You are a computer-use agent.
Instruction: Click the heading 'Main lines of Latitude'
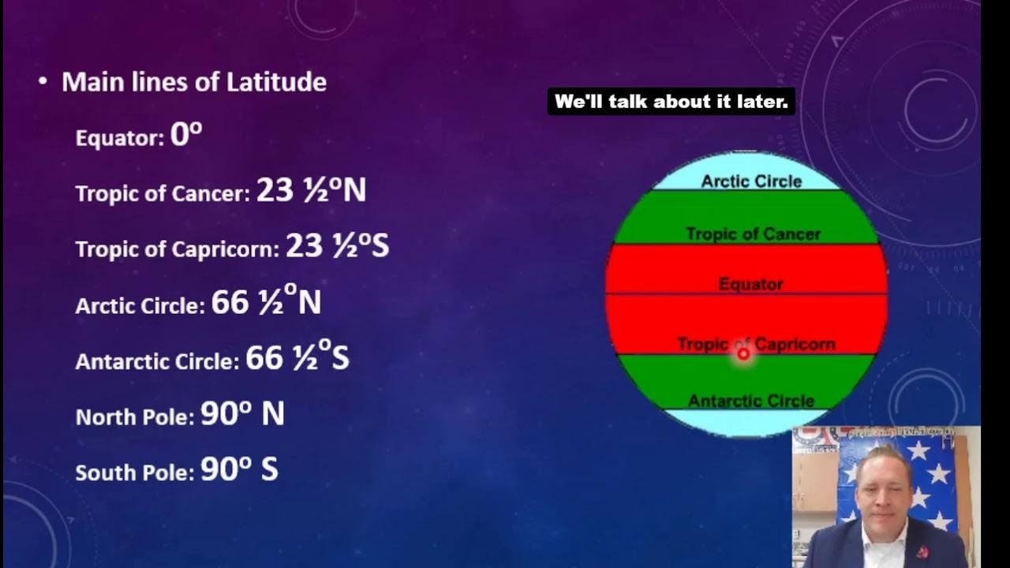[x=194, y=82]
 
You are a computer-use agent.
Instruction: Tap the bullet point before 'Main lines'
[x=43, y=82]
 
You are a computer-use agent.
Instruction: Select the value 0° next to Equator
[x=186, y=136]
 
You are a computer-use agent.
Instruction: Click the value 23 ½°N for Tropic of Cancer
[x=311, y=191]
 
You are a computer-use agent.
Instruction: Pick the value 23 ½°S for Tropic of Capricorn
[x=337, y=247]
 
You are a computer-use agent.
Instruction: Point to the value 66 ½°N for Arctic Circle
[x=266, y=303]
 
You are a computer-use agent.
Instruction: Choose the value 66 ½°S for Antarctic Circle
[x=297, y=359]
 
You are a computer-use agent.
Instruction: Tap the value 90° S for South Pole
[x=239, y=470]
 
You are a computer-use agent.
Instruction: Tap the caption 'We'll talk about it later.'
[x=671, y=102]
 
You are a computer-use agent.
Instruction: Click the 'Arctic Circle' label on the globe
[x=751, y=181]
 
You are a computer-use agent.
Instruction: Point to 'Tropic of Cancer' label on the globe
[x=753, y=234]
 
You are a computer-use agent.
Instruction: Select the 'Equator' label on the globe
[x=750, y=284]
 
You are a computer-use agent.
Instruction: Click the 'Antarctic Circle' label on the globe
[x=750, y=401]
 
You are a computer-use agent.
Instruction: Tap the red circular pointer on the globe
[x=743, y=354]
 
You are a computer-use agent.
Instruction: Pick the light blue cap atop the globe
[x=747, y=167]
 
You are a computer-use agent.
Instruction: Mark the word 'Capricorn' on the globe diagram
[x=795, y=344]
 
